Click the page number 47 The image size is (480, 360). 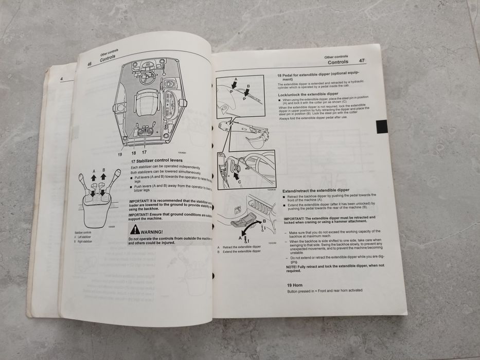(362, 61)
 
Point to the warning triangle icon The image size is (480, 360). (135, 230)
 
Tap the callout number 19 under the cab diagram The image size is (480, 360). (120, 153)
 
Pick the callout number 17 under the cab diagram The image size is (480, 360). (144, 153)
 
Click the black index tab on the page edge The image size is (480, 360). (381, 127)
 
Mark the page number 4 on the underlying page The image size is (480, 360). (61, 79)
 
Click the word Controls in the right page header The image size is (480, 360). (337, 62)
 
